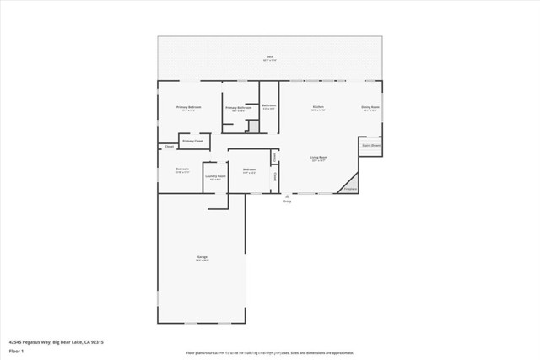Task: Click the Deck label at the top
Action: click(269, 57)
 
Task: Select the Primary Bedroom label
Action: click(188, 108)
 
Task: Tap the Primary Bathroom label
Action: click(239, 108)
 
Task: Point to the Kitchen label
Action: click(319, 108)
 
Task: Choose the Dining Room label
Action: click(370, 108)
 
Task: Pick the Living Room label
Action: click(318, 158)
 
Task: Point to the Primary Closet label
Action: click(192, 141)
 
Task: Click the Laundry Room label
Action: click(215, 176)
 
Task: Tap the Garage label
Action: click(202, 257)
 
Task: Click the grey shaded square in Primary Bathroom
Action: click(251, 126)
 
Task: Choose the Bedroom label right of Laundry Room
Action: click(249, 169)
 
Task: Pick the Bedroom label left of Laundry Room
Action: click(182, 169)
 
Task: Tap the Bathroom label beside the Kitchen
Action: click(268, 105)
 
